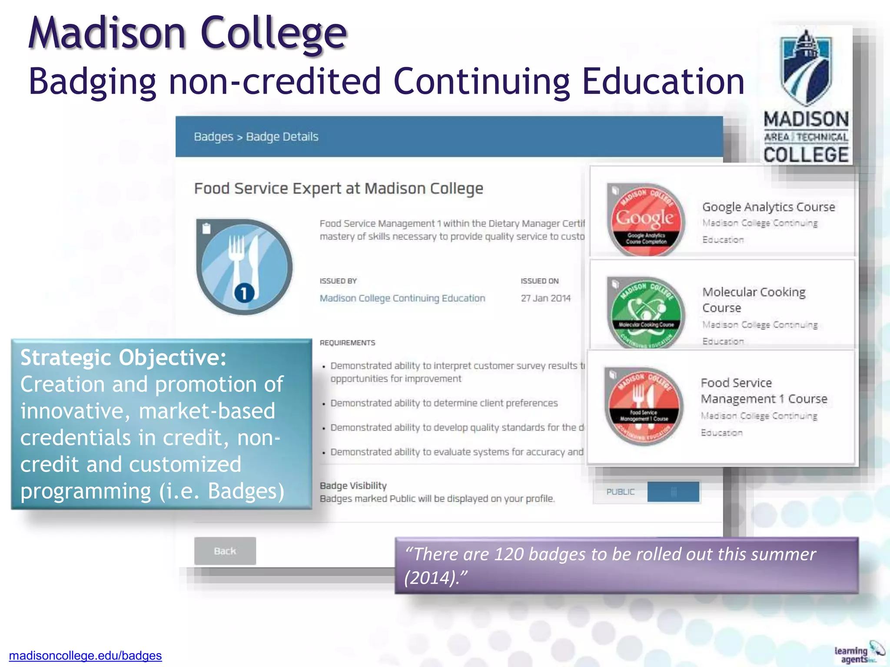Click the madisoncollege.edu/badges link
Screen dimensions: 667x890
click(85, 655)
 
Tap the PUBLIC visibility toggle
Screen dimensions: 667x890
click(647, 492)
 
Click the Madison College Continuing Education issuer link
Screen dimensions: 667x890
click(402, 298)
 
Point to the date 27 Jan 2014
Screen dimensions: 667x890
click(545, 298)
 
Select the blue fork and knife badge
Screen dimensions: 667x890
click(244, 267)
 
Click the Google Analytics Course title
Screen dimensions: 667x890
click(768, 207)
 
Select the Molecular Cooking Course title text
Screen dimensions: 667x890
click(754, 300)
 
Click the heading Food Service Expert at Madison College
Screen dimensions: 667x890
click(339, 188)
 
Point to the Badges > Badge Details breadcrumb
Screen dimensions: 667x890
click(256, 137)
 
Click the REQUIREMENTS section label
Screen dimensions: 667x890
click(347, 343)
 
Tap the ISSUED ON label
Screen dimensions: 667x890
click(540, 281)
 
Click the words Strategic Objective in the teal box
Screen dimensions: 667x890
click(123, 358)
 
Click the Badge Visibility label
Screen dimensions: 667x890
click(353, 485)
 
